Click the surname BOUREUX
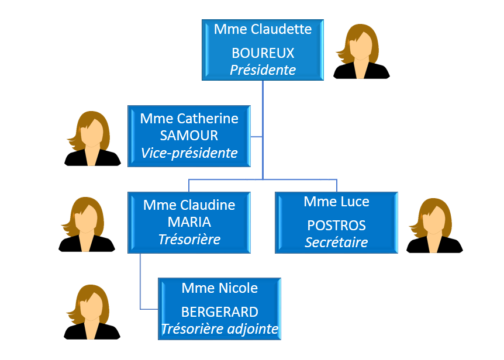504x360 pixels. pyautogui.click(x=263, y=53)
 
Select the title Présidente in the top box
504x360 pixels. pyautogui.click(x=263, y=70)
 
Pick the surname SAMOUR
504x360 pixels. pyautogui.click(x=189, y=136)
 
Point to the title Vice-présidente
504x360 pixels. pyautogui.click(x=189, y=153)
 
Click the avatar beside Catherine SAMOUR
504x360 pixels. pyautogui.click(x=92, y=139)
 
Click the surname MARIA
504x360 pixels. pyautogui.click(x=189, y=222)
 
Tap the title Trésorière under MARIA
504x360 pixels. pyautogui.click(x=189, y=239)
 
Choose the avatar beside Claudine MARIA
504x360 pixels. pyautogui.click(x=87, y=224)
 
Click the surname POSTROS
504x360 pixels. pyautogui.click(x=336, y=226)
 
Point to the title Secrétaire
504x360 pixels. pyautogui.click(x=336, y=242)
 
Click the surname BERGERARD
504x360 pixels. pyautogui.click(x=219, y=311)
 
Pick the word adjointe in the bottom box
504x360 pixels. pyautogui.click(x=253, y=329)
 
